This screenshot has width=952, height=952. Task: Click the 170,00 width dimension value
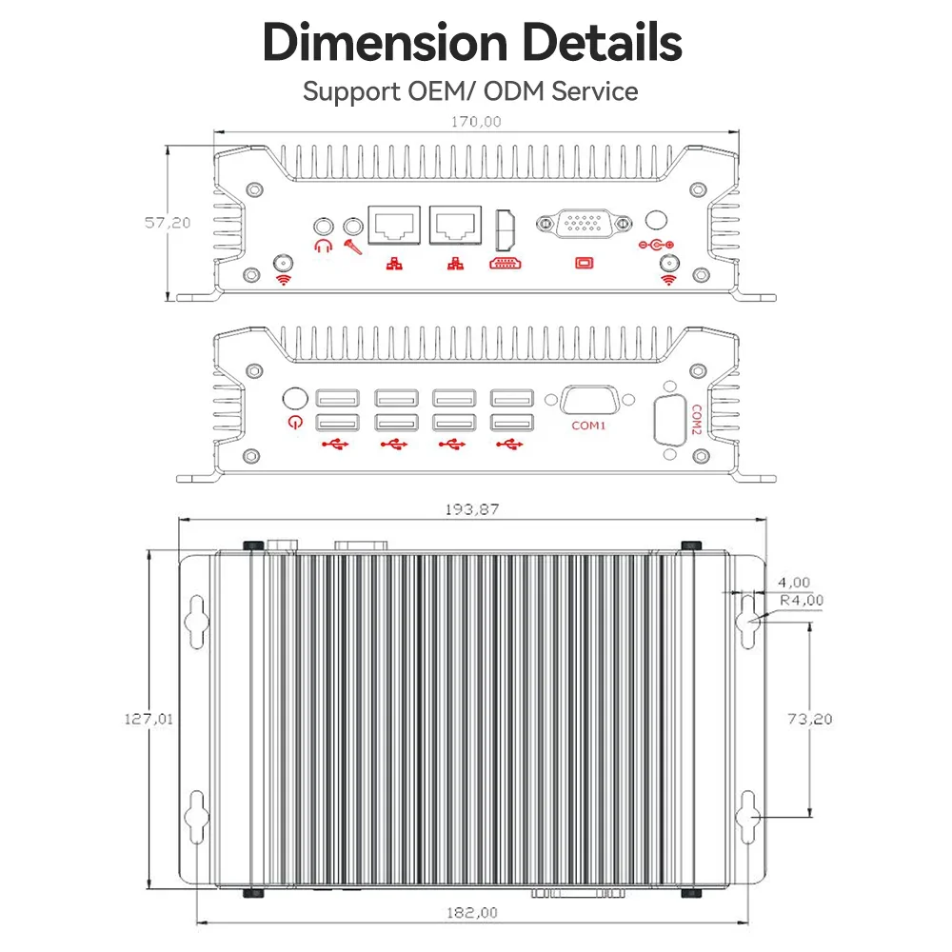(x=476, y=122)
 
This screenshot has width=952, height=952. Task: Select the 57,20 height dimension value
(x=168, y=223)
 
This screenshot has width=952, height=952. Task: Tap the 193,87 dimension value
(x=472, y=509)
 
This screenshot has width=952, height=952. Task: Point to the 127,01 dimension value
(x=149, y=719)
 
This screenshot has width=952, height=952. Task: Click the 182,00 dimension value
(x=472, y=913)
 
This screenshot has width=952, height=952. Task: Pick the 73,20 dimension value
(x=810, y=719)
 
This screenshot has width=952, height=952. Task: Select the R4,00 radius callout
(x=802, y=601)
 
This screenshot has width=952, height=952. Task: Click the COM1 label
(x=588, y=426)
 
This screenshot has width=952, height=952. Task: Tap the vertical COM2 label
(x=697, y=420)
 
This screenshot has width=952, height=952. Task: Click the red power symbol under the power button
(x=296, y=422)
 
